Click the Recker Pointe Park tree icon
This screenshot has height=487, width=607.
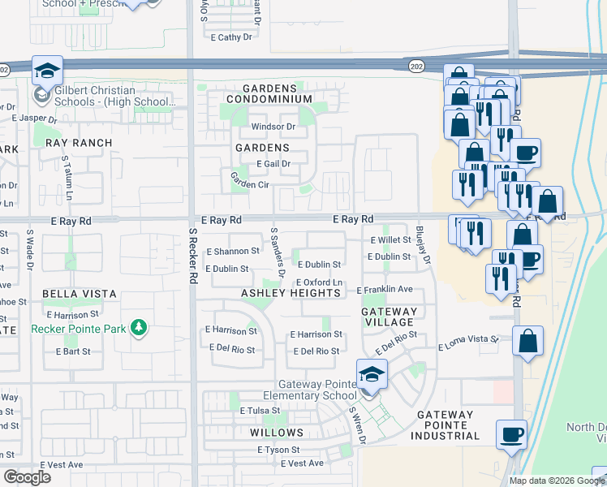140,328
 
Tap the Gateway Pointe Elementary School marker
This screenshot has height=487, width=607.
372,376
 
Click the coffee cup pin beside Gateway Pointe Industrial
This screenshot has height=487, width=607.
511,435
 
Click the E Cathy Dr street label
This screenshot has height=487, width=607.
230,37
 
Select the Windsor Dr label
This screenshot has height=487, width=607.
273,127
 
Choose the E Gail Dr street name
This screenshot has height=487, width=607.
273,164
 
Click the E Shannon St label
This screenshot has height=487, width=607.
232,252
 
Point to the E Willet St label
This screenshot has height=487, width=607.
390,240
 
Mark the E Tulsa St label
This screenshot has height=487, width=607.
259,411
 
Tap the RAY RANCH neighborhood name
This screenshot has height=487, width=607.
79,143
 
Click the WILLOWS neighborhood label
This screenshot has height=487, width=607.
278,433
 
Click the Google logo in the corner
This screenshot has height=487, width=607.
27,476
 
